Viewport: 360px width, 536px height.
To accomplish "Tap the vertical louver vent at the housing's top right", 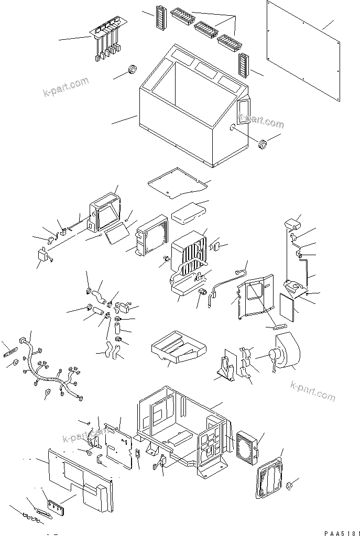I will click(244, 65).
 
